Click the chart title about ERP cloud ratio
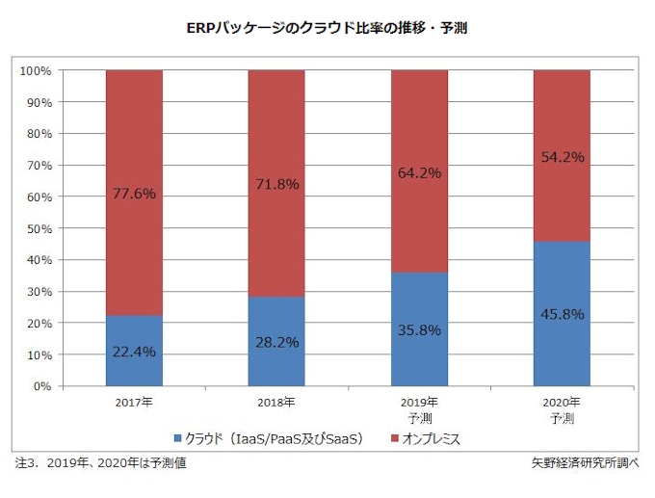[x=327, y=29]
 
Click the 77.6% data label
[x=134, y=194]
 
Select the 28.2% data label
[x=276, y=342]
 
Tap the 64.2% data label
[x=419, y=173]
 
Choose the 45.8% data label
[x=562, y=313]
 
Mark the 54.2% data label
[x=562, y=157]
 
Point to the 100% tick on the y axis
[x=35, y=70]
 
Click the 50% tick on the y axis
[x=38, y=228]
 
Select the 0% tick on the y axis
[x=41, y=386]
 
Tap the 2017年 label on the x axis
[x=134, y=402]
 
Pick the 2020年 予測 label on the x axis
[x=562, y=409]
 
